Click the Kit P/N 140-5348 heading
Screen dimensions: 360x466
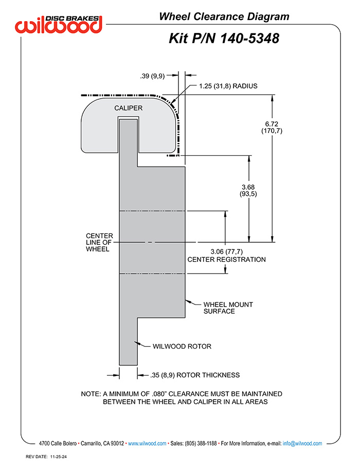pyautogui.click(x=224, y=39)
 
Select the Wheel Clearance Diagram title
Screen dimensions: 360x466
pyautogui.click(x=224, y=16)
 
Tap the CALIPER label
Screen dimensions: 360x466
pyautogui.click(x=129, y=108)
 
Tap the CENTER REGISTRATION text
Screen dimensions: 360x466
pyautogui.click(x=226, y=259)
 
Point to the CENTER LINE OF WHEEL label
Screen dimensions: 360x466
pyautogui.click(x=99, y=242)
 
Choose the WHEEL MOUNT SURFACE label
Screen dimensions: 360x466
pyautogui.click(x=228, y=308)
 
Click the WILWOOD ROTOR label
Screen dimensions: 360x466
pyautogui.click(x=182, y=346)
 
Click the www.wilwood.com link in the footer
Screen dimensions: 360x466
pyautogui.click(x=147, y=443)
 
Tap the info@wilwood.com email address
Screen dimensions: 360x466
pyautogui.click(x=302, y=443)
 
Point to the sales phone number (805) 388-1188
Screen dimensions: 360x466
pyautogui.click(x=201, y=443)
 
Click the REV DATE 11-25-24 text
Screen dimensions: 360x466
pyautogui.click(x=46, y=457)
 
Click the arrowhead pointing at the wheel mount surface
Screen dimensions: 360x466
pyautogui.click(x=188, y=301)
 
